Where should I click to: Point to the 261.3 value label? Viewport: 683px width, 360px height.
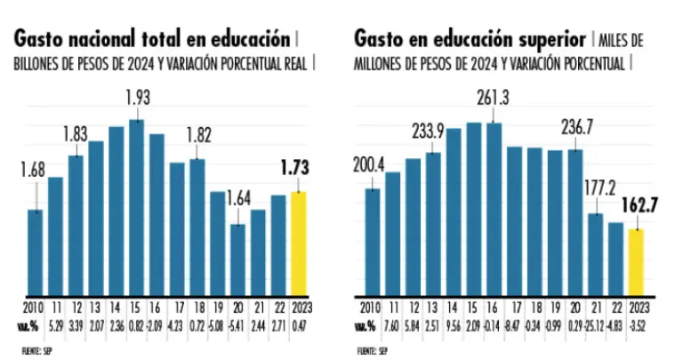click(x=493, y=96)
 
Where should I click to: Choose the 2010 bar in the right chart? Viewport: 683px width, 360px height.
click(x=373, y=240)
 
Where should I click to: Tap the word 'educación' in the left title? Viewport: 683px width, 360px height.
click(x=249, y=40)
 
